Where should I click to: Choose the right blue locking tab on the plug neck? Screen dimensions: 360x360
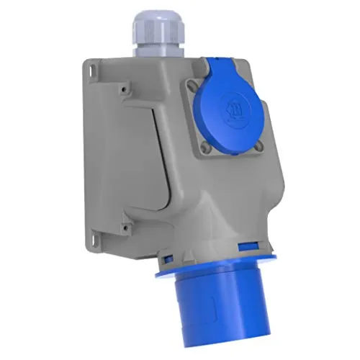pyautogui.click(x=255, y=248)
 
